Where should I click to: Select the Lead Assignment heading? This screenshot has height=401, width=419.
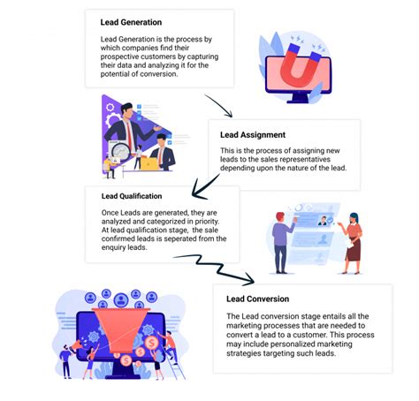tap(252, 135)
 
